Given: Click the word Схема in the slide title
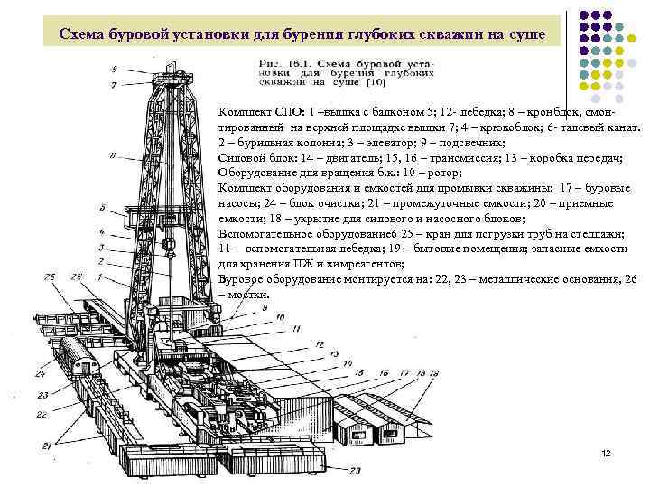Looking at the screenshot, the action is coord(82,34).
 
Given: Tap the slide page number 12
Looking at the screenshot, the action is coord(606,451).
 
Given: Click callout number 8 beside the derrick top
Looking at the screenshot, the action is coord(114,70).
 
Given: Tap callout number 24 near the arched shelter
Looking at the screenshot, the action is coord(41,372).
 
